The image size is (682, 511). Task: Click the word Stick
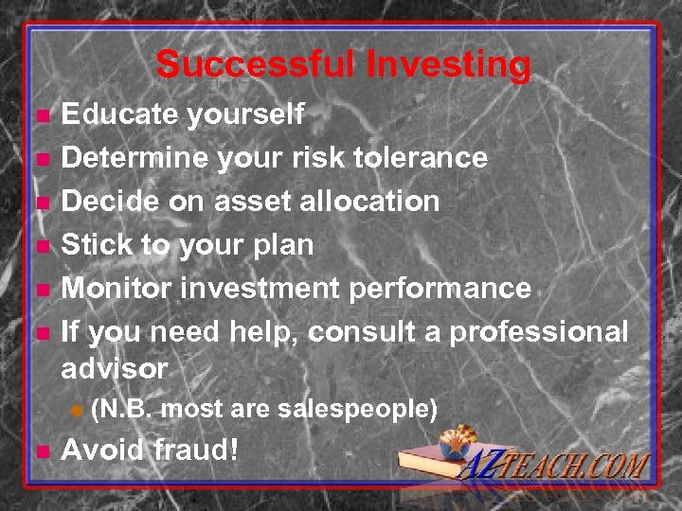98,244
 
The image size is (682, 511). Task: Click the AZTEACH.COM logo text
559,467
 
